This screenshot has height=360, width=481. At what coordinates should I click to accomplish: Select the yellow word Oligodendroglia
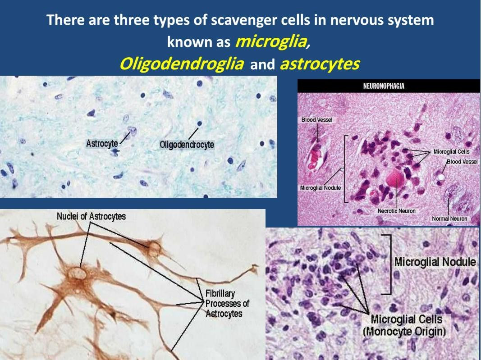click(182, 64)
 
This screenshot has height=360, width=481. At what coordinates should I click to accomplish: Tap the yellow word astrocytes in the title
click(320, 64)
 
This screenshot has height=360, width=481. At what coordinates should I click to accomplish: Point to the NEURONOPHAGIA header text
click(384, 86)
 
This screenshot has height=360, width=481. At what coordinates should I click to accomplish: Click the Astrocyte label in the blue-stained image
click(102, 143)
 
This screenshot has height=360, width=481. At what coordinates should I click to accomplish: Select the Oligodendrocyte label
click(187, 144)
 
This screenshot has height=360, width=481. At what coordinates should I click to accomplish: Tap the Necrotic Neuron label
click(396, 211)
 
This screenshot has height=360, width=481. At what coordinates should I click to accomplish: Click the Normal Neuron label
click(449, 219)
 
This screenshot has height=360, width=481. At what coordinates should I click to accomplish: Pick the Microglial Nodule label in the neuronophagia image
click(320, 188)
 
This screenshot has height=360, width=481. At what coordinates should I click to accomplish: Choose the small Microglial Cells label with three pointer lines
click(451, 151)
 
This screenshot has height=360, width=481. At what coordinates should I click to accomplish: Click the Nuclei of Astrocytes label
click(91, 216)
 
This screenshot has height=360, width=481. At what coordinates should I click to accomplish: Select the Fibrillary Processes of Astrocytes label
click(227, 304)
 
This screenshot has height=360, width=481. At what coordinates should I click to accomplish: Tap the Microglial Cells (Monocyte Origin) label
click(406, 325)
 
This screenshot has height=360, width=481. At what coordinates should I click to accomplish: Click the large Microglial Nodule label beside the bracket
click(435, 262)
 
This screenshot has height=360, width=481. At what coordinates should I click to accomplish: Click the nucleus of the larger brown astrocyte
click(77, 273)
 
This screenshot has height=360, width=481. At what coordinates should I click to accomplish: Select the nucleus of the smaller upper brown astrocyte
click(154, 248)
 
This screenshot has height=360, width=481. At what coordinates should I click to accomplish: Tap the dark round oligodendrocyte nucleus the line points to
click(200, 123)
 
